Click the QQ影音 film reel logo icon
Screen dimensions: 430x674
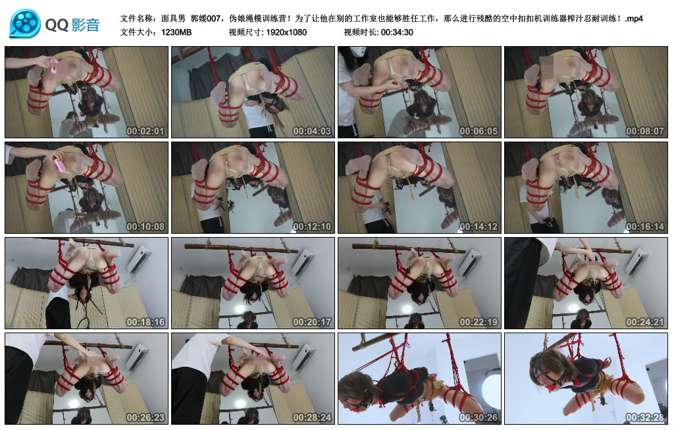coord(25,23)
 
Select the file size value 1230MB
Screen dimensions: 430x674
coord(177,32)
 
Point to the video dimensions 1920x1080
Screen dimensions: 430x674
coord(286,32)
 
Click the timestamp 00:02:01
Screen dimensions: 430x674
coord(146,131)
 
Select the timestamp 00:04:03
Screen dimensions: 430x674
coord(313,131)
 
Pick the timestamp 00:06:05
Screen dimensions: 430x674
coord(479,131)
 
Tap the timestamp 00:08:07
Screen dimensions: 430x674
coord(646,131)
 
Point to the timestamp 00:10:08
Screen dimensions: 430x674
coord(146,227)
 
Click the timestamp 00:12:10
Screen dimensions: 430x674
coord(313,227)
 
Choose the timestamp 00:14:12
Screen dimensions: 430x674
coord(479,227)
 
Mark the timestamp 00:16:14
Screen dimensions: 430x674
coord(646,227)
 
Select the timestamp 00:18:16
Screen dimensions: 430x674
coord(146,322)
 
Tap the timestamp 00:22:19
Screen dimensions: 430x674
coord(479,322)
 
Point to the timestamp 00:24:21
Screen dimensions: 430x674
coord(646,322)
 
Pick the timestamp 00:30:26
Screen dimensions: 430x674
coord(479,417)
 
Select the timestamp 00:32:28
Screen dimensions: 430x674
coord(646,417)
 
